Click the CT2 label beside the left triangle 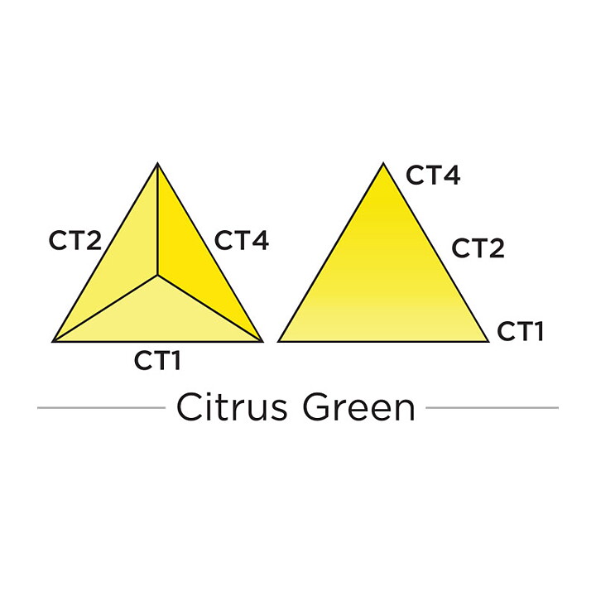click(75, 240)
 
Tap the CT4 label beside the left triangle click(242, 240)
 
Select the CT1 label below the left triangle click(157, 360)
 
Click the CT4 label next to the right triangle click(433, 175)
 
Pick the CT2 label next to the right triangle click(478, 248)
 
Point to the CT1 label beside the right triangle click(520, 330)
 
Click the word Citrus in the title click(232, 407)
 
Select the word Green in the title click(359, 407)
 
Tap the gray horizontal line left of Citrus click(102, 408)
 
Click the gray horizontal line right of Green click(493, 408)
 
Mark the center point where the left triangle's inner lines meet click(157, 275)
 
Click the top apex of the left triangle click(157, 163)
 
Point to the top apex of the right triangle click(383, 163)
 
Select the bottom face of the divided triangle click(157, 315)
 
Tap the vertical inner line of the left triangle click(157, 219)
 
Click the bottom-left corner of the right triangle click(278, 341)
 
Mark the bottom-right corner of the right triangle click(488, 341)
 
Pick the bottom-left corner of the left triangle click(52, 341)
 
